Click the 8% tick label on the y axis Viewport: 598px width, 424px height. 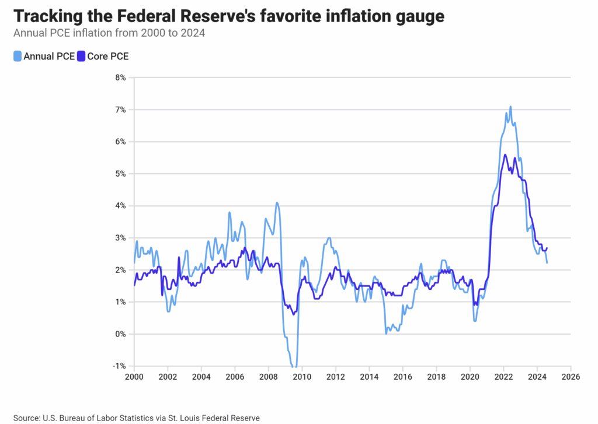pyautogui.click(x=120, y=78)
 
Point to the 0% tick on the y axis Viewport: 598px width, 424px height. pyautogui.click(x=120, y=334)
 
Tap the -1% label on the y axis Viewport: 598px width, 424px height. pyautogui.click(x=119, y=366)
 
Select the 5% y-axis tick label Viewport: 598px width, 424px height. pyautogui.click(x=120, y=174)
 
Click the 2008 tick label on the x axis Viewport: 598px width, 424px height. pyautogui.click(x=268, y=377)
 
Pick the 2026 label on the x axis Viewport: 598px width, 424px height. pyautogui.click(x=570, y=377)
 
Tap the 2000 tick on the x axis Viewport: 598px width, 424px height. pyautogui.click(x=134, y=377)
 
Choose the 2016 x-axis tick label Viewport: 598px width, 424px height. pyautogui.click(x=402, y=377)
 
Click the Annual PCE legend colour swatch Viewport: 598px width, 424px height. pyautogui.click(x=18, y=57)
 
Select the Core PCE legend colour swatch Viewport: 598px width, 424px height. pyautogui.click(x=82, y=57)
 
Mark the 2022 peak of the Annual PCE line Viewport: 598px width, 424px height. pyautogui.click(x=510, y=107)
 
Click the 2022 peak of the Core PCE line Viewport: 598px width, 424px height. pyautogui.click(x=505, y=155)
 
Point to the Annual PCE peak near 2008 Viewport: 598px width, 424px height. pyautogui.click(x=277, y=203)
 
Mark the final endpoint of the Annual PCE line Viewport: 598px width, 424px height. pyautogui.click(x=547, y=263)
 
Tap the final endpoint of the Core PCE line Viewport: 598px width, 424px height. pyautogui.click(x=547, y=248)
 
